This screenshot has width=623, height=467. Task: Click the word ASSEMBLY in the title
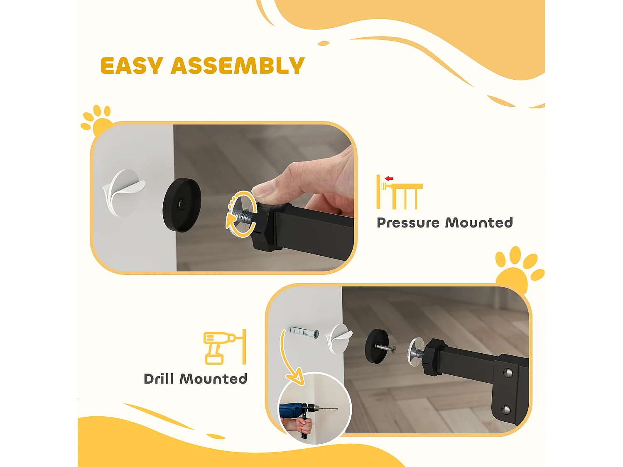pyautogui.click(x=238, y=66)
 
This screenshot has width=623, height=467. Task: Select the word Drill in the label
pyautogui.click(x=159, y=379)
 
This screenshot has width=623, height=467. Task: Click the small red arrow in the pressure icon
pyautogui.click(x=389, y=178)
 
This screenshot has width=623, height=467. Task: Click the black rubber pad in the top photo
pyautogui.click(x=182, y=205)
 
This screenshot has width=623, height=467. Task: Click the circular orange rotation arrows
pyautogui.click(x=241, y=214)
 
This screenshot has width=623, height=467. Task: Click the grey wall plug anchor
pyautogui.click(x=304, y=332)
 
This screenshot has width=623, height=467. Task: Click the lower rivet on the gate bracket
pyautogui.click(x=506, y=409)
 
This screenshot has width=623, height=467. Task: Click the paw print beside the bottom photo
pyautogui.click(x=518, y=269)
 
